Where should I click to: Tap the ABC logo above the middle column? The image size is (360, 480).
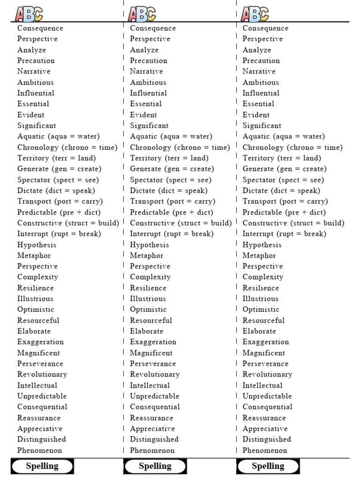pos(142,14)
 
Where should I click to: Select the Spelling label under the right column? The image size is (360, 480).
pos(268,466)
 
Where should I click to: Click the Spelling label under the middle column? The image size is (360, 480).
pos(155,466)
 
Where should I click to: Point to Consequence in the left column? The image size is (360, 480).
pos(40,28)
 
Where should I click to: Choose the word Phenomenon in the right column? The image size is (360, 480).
pos(265,450)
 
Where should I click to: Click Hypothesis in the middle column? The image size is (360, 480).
pos(149,245)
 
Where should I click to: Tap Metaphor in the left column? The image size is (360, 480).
pos(34,255)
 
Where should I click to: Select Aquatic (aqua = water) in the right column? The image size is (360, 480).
pos(284,136)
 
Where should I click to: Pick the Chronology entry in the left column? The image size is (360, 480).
pos(67,147)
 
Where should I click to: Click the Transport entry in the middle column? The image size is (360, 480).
pos(172,201)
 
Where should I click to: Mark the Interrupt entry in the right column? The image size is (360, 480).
pos(284,234)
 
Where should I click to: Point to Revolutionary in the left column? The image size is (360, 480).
pos(42,375)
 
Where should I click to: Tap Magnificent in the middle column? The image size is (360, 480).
pos(151,353)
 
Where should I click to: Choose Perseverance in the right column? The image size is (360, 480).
pos(265,364)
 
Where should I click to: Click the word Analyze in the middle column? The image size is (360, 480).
pos(144,50)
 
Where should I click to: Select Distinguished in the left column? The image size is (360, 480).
pos(41,439)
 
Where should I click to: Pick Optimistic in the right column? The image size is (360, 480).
pos(261,309)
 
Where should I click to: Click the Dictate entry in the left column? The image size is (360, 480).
pos(56,190)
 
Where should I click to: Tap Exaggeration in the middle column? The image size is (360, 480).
pos(153,342)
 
